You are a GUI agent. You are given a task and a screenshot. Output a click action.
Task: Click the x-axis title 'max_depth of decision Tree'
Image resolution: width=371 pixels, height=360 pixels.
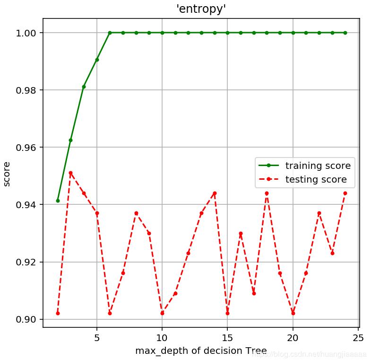coord(201,351)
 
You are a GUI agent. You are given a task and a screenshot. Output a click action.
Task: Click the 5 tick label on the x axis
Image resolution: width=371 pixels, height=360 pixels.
coord(97,338)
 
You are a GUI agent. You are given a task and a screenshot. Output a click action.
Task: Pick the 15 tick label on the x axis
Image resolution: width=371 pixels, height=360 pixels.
coord(227,338)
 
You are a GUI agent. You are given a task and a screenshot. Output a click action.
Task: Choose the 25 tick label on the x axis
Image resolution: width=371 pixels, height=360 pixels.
coord(358,338)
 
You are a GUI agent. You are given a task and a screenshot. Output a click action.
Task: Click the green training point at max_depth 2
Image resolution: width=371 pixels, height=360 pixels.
coord(58,201)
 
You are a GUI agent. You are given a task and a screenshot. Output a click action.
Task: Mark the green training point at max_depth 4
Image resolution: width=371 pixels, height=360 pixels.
coord(84,87)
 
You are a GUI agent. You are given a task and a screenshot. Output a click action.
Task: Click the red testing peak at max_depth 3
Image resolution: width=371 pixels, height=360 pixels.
coord(71,173)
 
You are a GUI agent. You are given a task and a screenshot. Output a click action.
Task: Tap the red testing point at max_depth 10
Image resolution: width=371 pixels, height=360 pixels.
coord(162,313)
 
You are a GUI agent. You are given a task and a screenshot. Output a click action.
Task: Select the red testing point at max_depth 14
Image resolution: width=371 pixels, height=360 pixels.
coord(215,193)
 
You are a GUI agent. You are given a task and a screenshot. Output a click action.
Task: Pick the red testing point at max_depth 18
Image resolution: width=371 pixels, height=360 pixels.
coord(267,193)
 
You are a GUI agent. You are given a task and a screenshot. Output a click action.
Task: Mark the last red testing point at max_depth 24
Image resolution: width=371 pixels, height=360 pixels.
coord(345,193)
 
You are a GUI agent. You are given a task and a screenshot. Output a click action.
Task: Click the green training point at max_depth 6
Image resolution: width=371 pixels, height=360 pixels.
coord(110,33)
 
